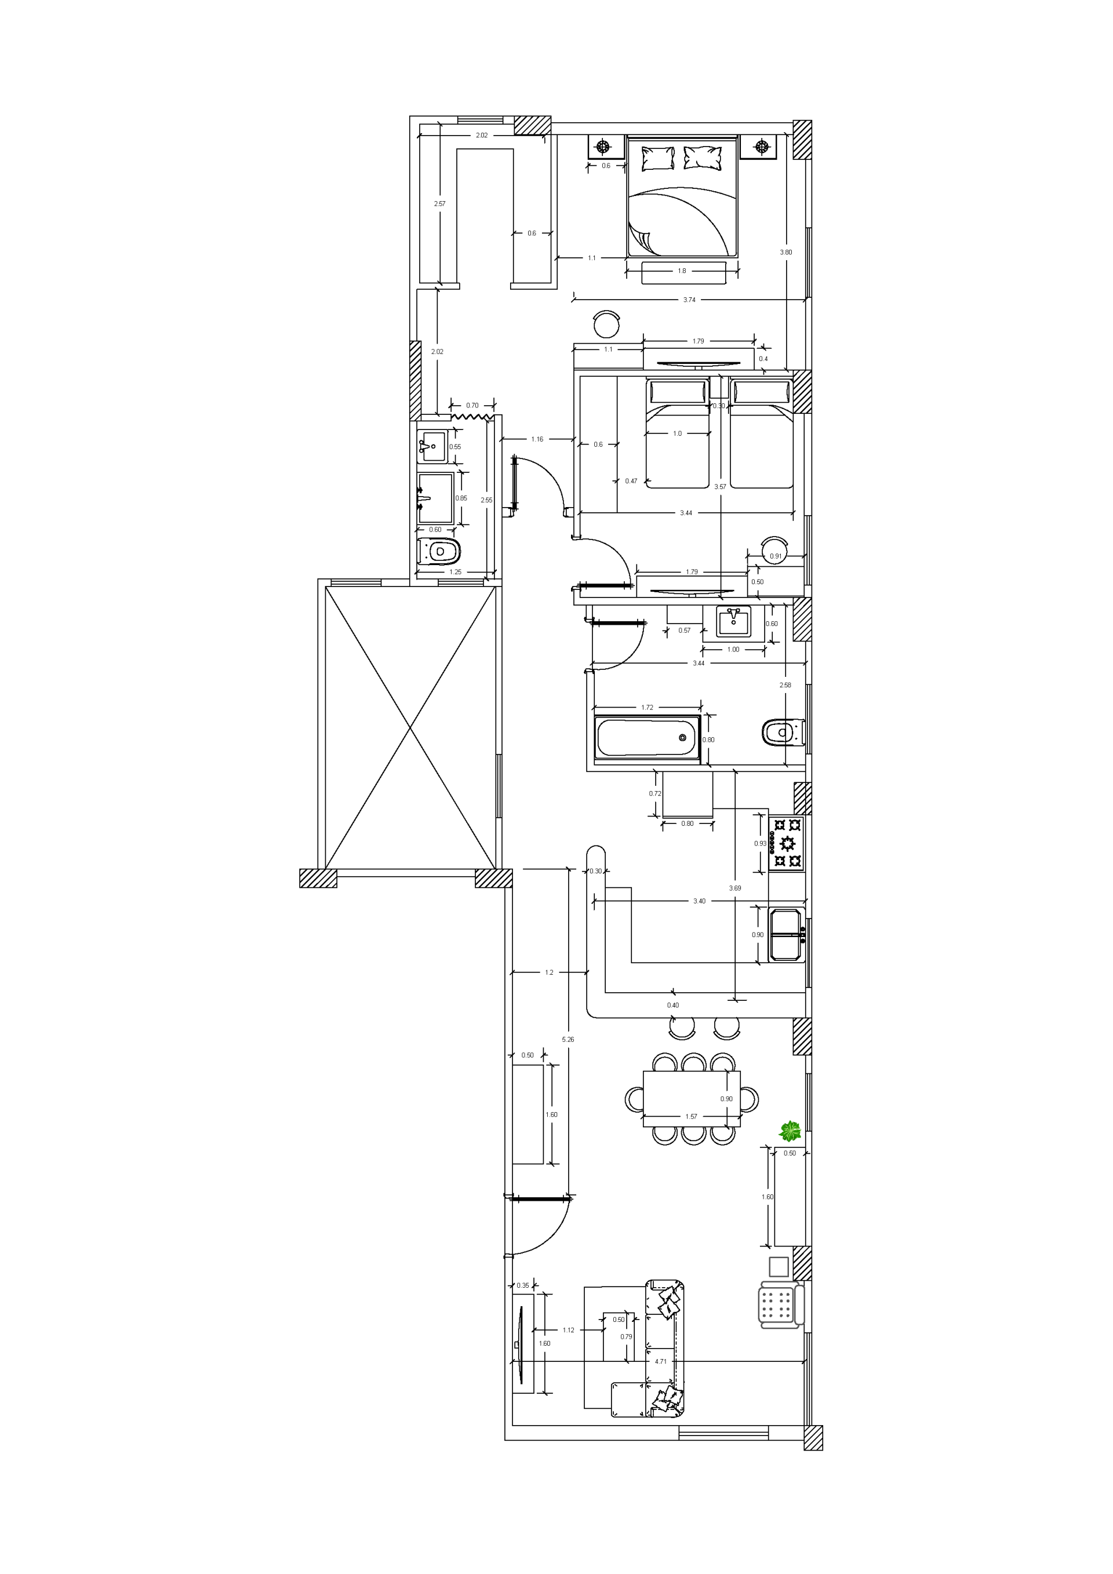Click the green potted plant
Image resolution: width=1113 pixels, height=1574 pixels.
(790, 1131)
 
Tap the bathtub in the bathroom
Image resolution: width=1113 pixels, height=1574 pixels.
(648, 738)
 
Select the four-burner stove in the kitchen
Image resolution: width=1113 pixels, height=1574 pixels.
(787, 843)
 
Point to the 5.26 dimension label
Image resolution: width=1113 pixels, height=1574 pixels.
(568, 1039)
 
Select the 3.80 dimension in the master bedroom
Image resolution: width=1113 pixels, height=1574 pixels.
(786, 252)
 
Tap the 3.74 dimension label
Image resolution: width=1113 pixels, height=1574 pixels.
(689, 300)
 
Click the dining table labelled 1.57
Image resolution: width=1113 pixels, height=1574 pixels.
(691, 1098)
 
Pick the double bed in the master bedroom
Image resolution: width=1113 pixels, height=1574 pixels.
(683, 197)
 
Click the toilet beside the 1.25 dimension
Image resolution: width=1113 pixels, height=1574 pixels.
(439, 551)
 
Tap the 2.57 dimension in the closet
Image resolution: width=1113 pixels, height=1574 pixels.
(439, 203)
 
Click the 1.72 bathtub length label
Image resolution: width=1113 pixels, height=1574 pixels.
(647, 707)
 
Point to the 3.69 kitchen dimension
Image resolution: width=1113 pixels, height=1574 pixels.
(734, 888)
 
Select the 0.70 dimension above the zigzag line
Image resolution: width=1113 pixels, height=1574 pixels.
(472, 405)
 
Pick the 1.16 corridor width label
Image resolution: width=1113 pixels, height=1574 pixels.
(537, 439)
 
